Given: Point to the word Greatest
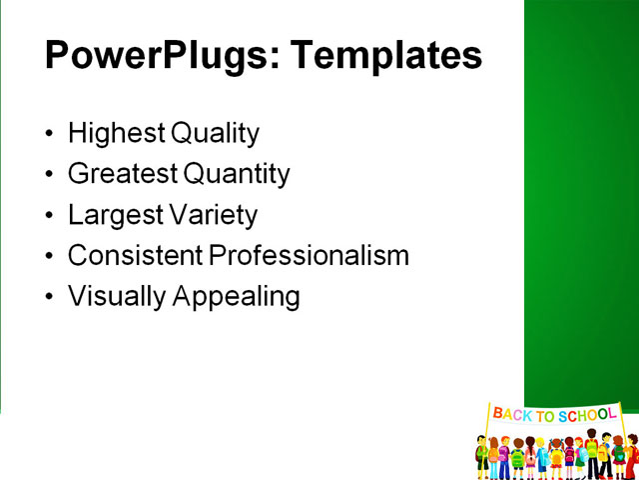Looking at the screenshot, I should click(x=124, y=174).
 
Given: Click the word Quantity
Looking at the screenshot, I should click(x=237, y=174).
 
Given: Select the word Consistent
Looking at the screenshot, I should click(x=136, y=255).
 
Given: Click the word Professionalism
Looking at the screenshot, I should click(x=310, y=255).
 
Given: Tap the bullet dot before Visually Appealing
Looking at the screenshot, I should click(x=51, y=297).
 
